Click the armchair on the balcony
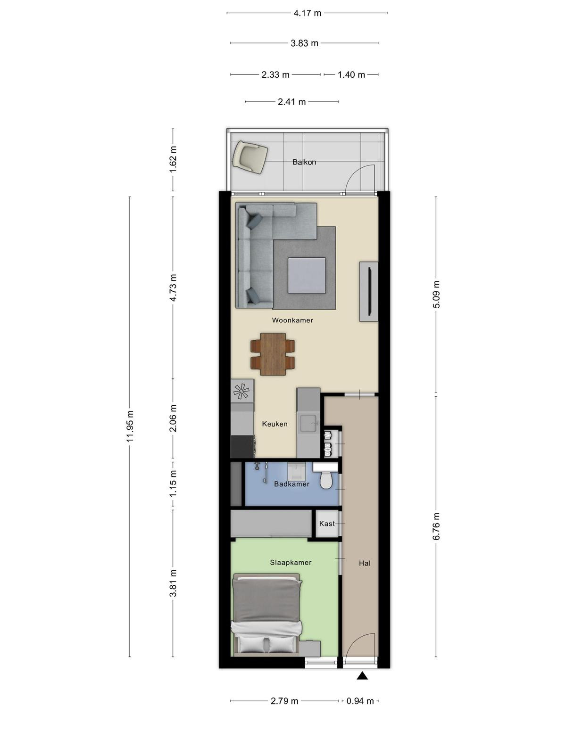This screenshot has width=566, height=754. (x=250, y=158)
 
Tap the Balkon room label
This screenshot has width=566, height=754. (x=304, y=162)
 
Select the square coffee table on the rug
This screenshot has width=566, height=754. (x=307, y=276)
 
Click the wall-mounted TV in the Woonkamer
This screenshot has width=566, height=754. (x=369, y=292)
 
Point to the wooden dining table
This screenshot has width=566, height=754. (x=273, y=354)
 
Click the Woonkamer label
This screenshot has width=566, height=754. (x=292, y=320)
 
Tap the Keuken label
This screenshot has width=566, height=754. (x=275, y=424)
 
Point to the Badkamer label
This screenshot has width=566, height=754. (x=292, y=484)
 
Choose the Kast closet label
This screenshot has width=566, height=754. (x=327, y=524)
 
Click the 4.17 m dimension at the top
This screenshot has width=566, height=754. (x=307, y=13)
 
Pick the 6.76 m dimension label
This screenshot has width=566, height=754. (x=436, y=526)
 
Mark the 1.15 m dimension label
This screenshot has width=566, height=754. (x=173, y=484)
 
